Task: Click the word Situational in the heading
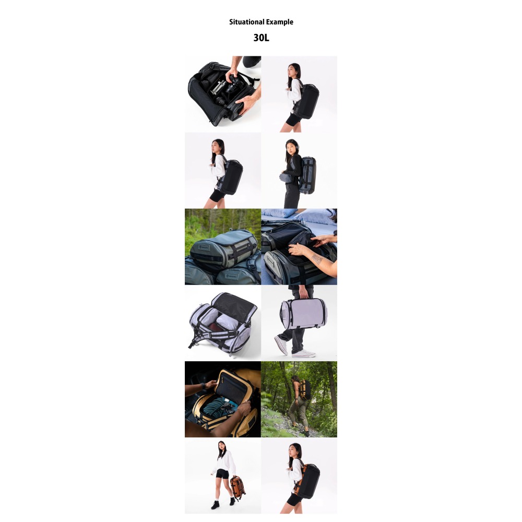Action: tap(247, 22)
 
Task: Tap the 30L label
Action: tap(261, 38)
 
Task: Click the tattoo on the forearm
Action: tap(317, 258)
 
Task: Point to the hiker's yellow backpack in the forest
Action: tap(306, 389)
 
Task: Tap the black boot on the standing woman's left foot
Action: tap(232, 501)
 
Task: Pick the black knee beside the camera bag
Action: tap(251, 61)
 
